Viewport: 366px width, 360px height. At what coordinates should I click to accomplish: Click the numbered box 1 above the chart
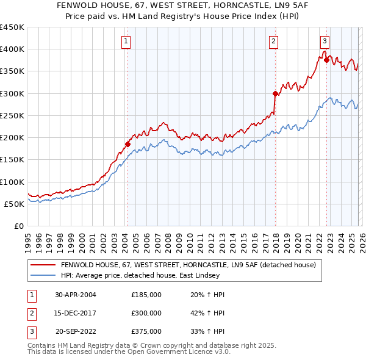(126, 41)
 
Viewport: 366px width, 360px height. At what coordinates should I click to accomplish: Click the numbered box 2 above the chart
(273, 41)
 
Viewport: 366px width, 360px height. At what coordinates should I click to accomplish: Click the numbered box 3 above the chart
(325, 41)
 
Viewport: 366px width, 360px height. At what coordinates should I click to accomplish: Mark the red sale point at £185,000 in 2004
(127, 144)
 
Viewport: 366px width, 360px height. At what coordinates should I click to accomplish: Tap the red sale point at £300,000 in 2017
(275, 93)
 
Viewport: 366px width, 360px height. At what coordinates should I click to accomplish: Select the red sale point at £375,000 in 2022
(326, 60)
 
